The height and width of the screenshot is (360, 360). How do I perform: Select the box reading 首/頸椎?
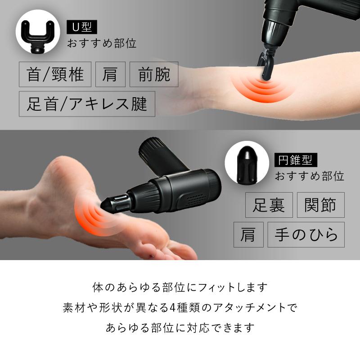tap(55, 74)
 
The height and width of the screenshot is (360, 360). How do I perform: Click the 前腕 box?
tap(154, 74)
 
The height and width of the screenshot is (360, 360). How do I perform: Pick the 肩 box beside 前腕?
tap(110, 74)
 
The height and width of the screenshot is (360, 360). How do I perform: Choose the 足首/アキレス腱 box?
tap(87, 104)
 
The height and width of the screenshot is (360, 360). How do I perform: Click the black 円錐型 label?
tap(296, 159)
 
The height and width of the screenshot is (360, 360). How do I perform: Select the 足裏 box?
tap(269, 205)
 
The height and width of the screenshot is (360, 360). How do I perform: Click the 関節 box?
tap(320, 205)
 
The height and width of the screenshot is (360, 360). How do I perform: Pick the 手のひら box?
tap(306, 234)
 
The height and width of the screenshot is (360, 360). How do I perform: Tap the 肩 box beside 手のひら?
tap(248, 234)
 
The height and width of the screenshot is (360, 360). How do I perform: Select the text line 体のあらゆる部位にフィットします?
tap(180, 287)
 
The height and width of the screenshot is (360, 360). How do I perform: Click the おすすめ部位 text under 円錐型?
tap(310, 175)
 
